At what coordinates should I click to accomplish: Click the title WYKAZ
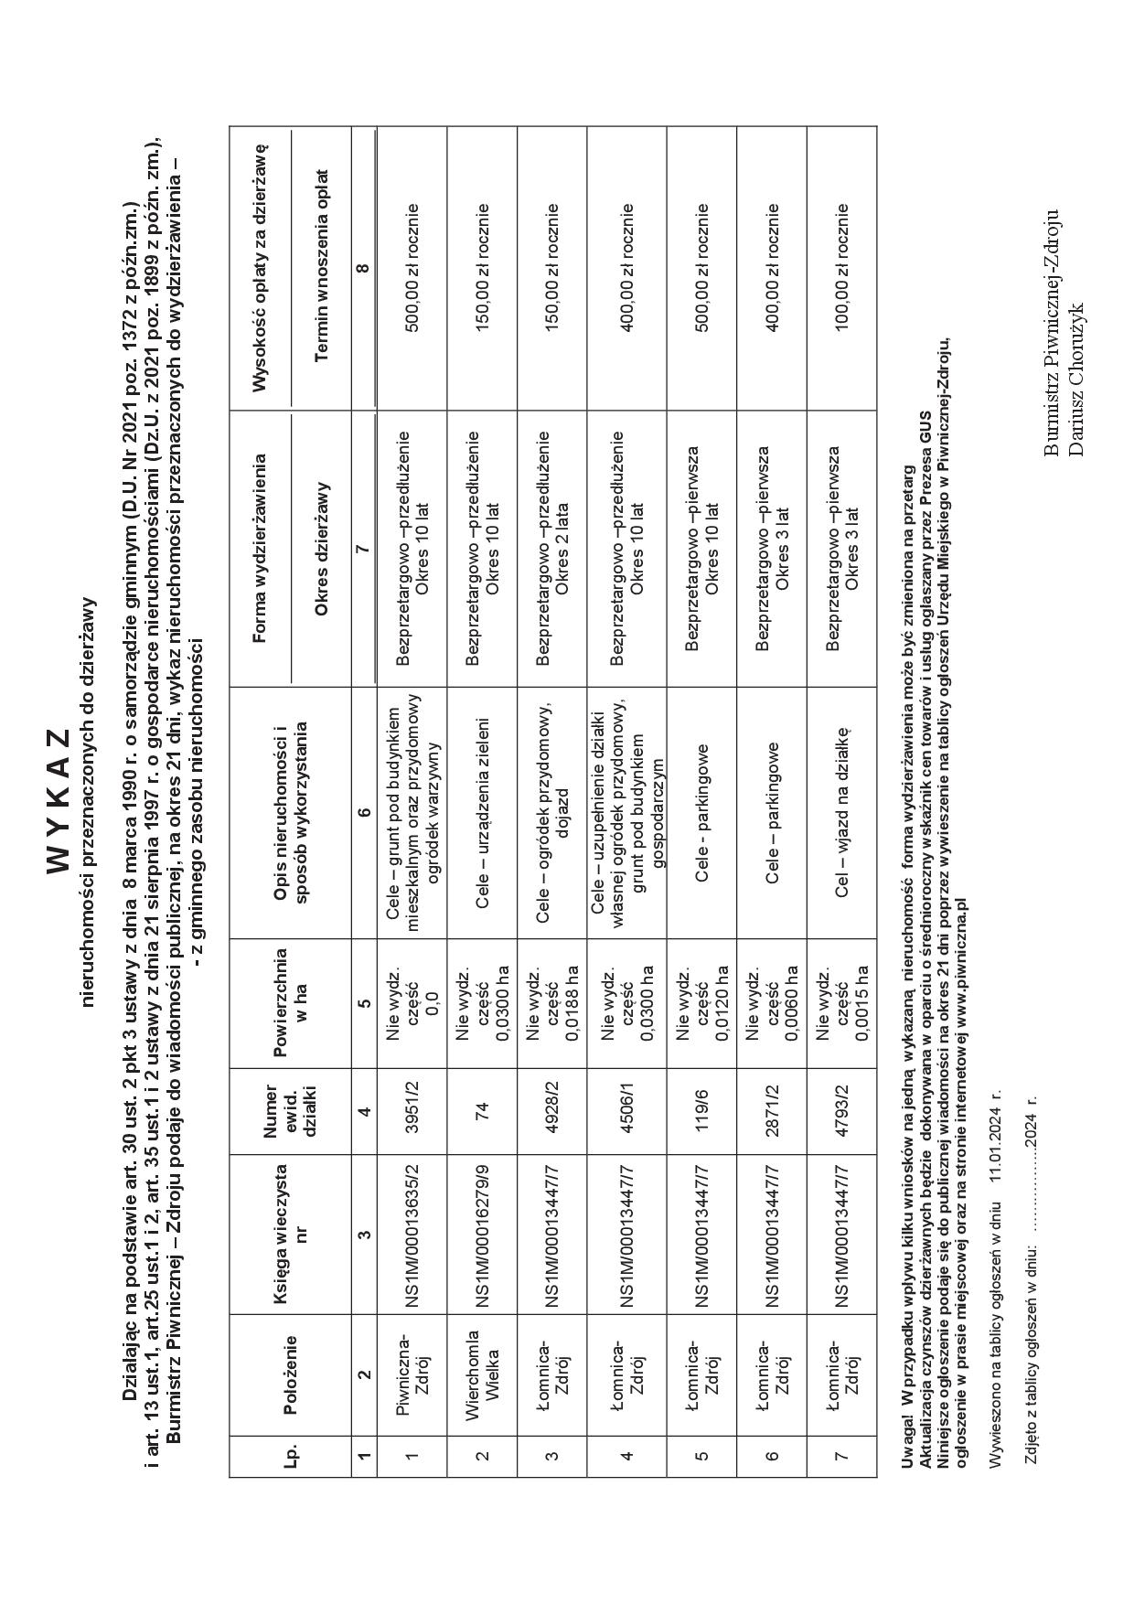coord(57,800)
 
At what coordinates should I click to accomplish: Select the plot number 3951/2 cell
coord(412,1109)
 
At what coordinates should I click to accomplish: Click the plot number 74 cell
coord(482,1109)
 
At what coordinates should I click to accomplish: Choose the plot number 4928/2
coord(552,1109)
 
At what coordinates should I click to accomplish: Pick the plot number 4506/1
coord(627,1109)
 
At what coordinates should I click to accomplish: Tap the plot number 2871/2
coord(772,1109)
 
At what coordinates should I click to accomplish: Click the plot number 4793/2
coord(842,1109)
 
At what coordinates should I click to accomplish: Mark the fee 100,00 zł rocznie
coord(842,265)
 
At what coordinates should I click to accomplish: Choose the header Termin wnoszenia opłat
coord(320,265)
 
